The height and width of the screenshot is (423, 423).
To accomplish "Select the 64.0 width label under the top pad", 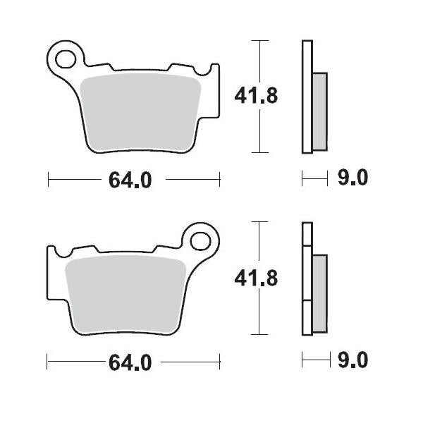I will pos(130,180).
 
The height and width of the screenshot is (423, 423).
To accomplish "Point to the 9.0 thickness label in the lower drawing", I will pos(352,362).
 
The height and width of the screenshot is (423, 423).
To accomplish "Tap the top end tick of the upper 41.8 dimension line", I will pos(262,41).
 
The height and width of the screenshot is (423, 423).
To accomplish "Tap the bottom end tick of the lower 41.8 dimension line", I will pos(262,334).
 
